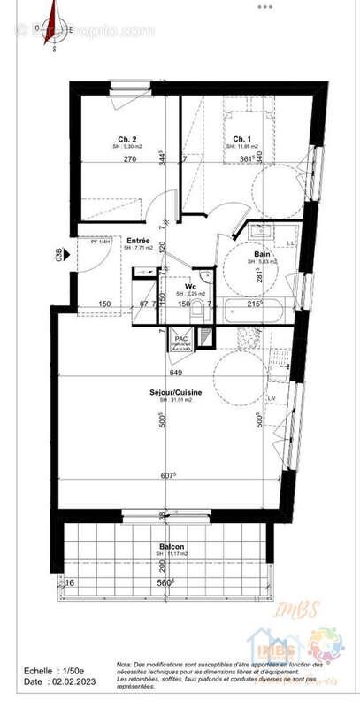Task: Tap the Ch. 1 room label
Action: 241,139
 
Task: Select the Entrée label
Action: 137,241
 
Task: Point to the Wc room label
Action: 190,286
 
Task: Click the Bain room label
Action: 264,254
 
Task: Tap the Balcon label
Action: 172,547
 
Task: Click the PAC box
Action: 180,339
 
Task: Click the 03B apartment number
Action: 60,256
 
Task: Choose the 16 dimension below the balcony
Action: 69,582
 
